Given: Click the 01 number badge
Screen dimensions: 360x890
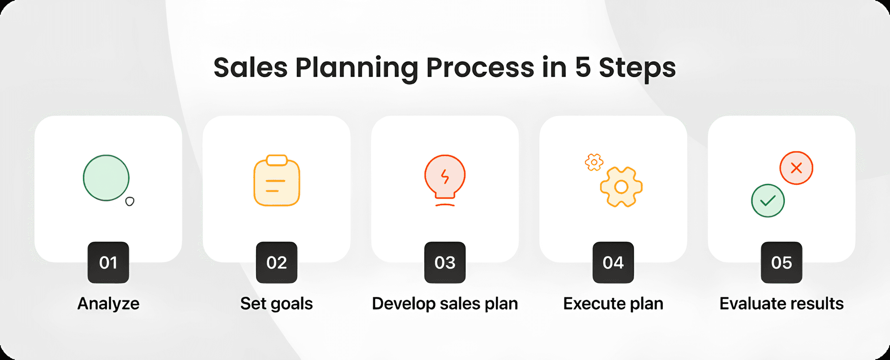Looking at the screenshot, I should coord(108,263).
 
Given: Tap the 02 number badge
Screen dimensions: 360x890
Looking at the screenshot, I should coord(276,263).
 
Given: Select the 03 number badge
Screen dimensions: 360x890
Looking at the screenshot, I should coord(445,263).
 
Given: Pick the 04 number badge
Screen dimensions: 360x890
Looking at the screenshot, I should coord(613,263).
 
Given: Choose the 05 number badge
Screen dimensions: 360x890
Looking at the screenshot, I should coord(781,263).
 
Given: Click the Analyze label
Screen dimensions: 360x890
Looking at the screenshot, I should coord(108,303).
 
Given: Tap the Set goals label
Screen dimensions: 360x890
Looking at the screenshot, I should coord(276,303).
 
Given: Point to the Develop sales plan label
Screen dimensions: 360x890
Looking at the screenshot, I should coord(445,303).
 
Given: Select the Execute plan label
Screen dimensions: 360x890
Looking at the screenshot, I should coord(613,303).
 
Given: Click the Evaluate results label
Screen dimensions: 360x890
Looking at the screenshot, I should coord(781,303).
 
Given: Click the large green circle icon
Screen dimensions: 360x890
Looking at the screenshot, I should coord(106,178).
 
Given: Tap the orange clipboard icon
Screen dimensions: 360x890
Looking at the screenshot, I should coord(277,181).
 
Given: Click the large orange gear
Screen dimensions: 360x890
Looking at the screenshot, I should coord(621,187).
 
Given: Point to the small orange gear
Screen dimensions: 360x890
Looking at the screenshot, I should coord(594,162).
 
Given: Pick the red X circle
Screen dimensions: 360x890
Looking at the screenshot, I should coord(796,168).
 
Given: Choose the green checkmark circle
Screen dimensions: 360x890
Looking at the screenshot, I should coord(768,200).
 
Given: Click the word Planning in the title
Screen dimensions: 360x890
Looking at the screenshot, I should coord(356,69).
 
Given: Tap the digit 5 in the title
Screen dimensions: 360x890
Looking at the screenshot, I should coord(583,68).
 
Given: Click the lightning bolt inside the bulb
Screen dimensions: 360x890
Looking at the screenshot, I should coord(445,177).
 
